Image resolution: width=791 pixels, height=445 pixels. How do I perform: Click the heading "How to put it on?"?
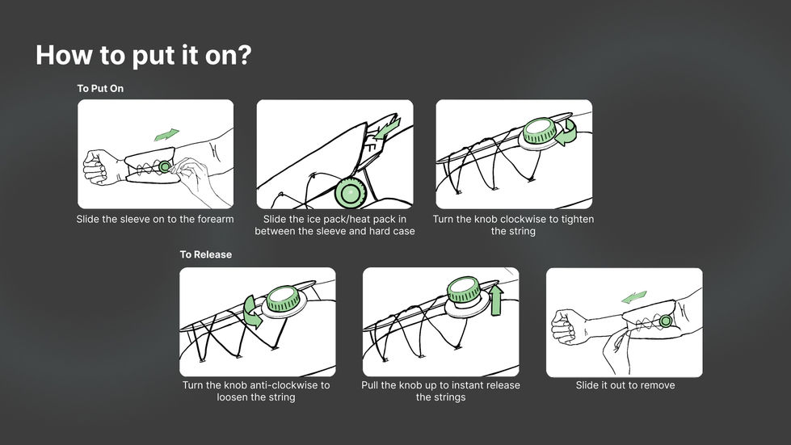(x=143, y=56)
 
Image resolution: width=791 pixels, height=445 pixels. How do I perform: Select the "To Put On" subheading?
(x=100, y=88)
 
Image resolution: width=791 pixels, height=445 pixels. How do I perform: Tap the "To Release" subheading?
(x=206, y=254)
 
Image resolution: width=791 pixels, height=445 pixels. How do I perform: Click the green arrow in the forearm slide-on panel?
(x=166, y=135)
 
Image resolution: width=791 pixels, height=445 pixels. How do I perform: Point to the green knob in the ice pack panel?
(x=351, y=193)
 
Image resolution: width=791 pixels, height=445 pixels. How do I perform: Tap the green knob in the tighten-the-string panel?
(x=539, y=131)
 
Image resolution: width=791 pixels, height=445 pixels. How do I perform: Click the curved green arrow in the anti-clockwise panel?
(x=252, y=312)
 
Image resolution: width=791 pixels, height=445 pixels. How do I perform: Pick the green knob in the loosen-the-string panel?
(x=283, y=298)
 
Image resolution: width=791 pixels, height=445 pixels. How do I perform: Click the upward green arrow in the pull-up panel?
(x=496, y=299)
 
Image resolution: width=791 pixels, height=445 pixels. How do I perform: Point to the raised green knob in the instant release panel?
(x=463, y=289)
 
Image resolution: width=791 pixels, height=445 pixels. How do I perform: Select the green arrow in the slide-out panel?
(x=634, y=297)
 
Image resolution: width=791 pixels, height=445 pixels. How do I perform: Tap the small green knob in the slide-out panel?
(x=666, y=321)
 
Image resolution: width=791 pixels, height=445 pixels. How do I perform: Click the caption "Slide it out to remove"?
(x=625, y=385)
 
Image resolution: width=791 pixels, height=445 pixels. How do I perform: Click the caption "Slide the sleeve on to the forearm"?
(x=155, y=219)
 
